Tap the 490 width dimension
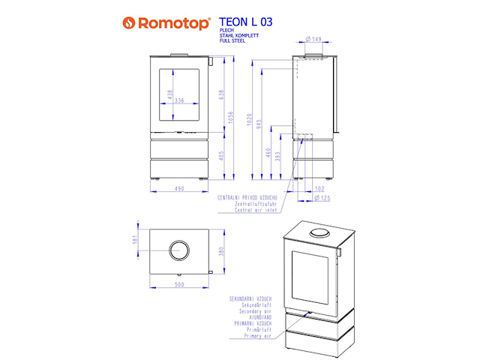click(x=179, y=189)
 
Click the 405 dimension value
click(x=220, y=156)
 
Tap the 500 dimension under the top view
click(x=179, y=285)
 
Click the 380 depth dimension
click(x=220, y=250)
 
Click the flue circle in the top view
click(x=179, y=250)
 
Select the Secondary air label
click(x=250, y=310)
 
